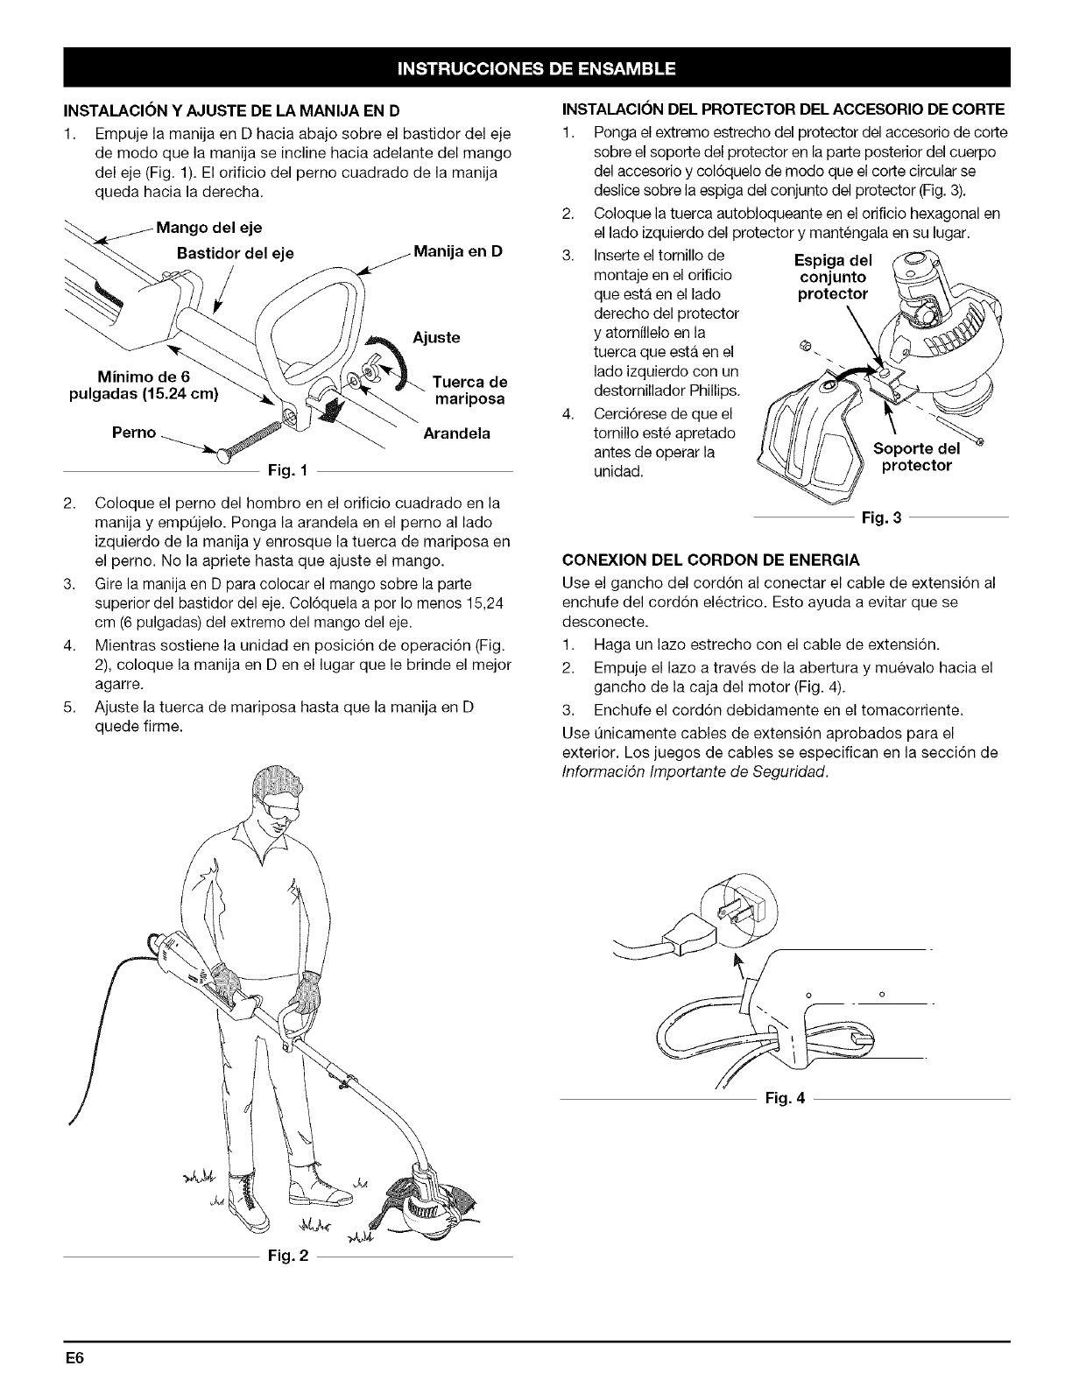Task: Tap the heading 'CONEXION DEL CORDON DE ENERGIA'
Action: [x=710, y=559]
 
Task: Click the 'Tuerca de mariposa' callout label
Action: [x=471, y=391]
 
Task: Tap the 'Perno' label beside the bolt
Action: [x=134, y=433]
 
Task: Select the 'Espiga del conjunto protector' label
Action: [x=832, y=278]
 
